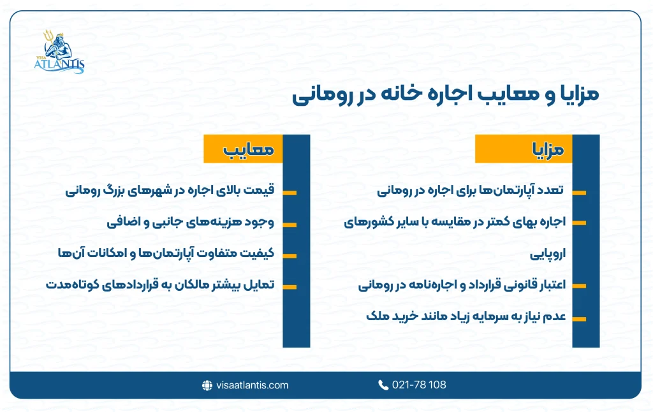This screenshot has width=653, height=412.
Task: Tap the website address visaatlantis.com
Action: click(x=252, y=385)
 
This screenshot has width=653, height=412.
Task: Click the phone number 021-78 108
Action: click(x=420, y=385)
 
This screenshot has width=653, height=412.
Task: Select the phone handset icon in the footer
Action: click(x=383, y=385)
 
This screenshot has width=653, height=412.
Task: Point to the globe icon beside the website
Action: click(x=207, y=385)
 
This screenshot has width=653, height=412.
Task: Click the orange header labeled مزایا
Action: click(x=524, y=151)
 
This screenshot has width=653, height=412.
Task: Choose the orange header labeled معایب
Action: click(x=242, y=151)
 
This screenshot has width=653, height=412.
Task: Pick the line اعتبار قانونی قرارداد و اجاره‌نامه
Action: click(x=462, y=285)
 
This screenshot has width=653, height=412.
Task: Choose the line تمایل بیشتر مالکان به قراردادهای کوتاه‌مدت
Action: click(x=159, y=285)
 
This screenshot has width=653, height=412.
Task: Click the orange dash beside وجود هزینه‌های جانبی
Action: click(x=290, y=224)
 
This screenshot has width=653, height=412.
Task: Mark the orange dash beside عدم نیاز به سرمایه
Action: click(x=578, y=318)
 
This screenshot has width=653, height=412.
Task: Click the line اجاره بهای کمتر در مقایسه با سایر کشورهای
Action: click(x=455, y=222)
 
